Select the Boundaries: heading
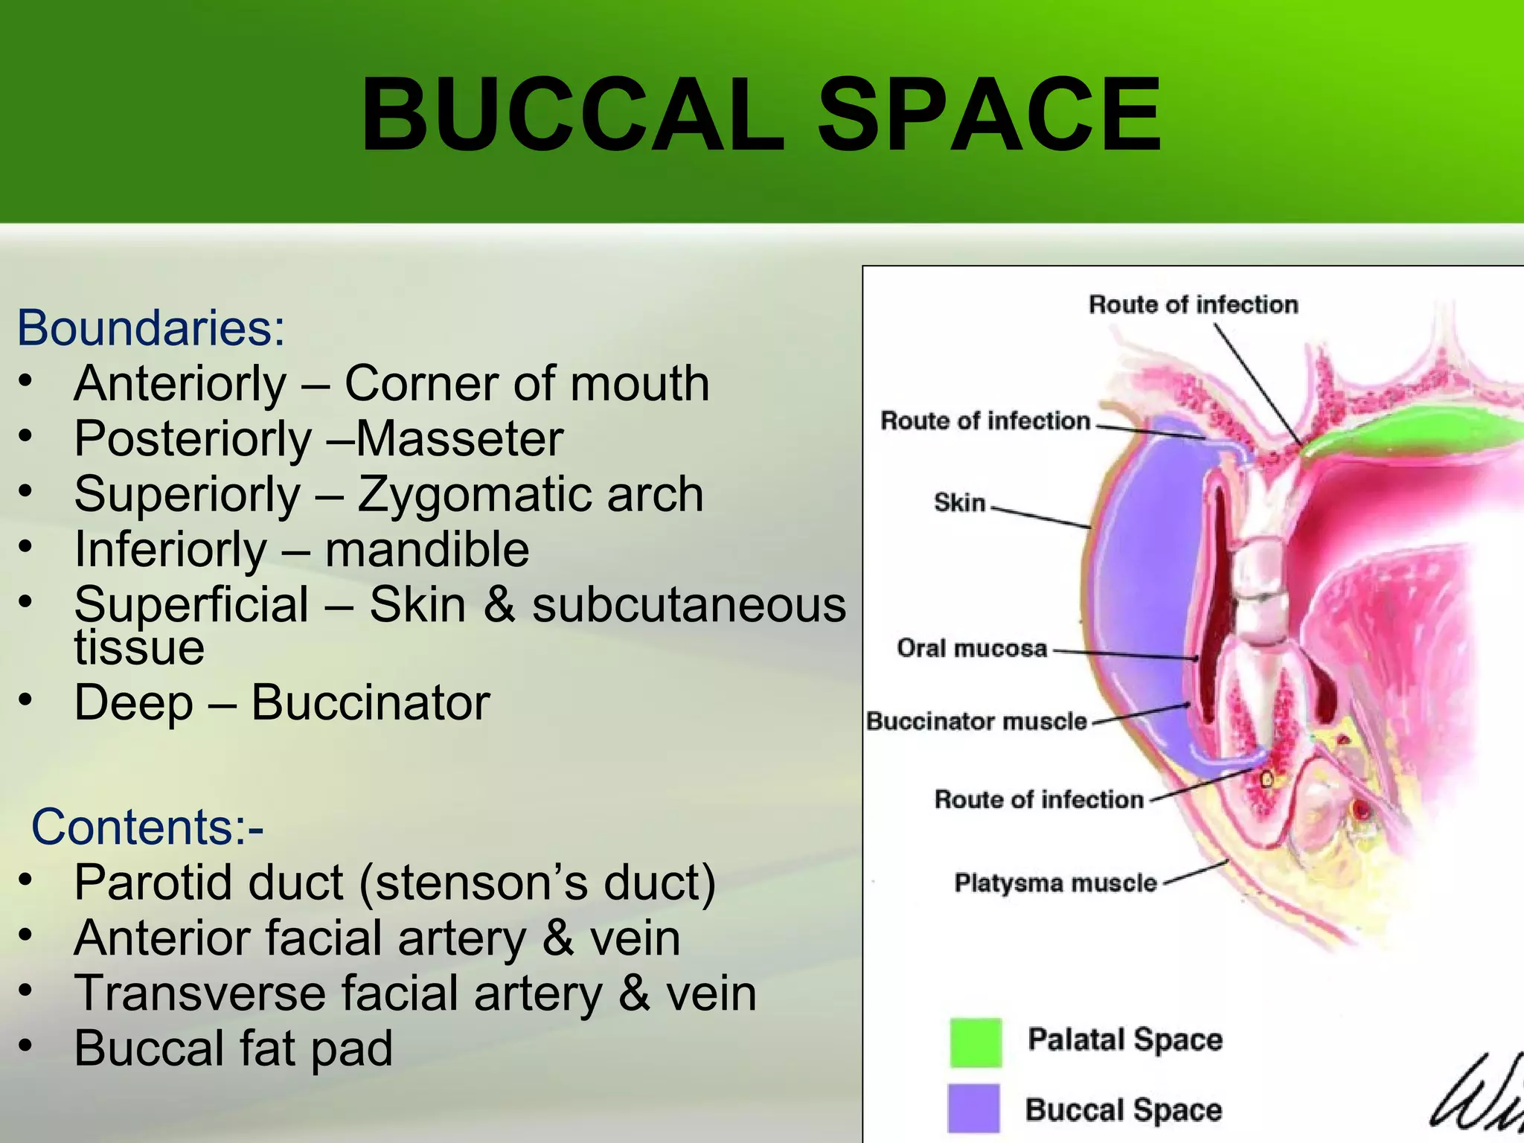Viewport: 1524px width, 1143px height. click(151, 327)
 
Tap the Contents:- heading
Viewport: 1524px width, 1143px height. click(147, 827)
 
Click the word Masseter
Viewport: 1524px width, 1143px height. click(460, 439)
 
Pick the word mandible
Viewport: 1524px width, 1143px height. click(427, 550)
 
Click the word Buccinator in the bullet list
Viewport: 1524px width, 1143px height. click(371, 702)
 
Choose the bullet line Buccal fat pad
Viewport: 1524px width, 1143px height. click(233, 1048)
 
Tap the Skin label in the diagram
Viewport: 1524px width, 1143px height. click(959, 503)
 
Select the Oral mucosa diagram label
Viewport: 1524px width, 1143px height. click(972, 648)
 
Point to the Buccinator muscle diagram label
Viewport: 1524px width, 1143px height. click(976, 721)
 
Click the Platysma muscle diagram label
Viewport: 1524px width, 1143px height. click(1055, 883)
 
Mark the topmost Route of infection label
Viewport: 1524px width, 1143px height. click(1193, 304)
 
